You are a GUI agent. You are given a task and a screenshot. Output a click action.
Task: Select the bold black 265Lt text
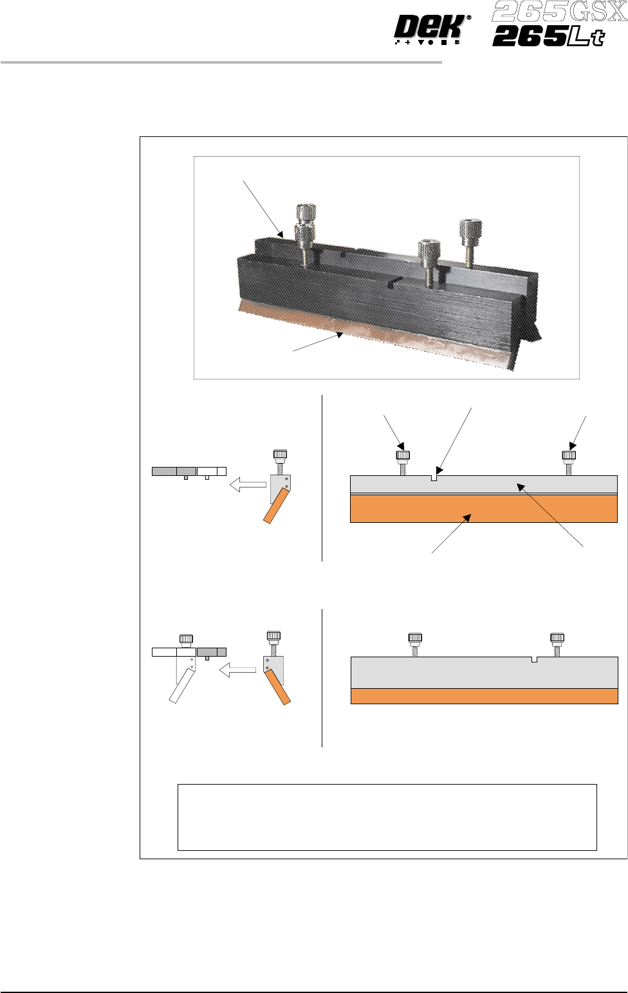point(548,37)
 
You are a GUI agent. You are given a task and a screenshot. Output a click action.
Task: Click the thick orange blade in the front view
point(483,508)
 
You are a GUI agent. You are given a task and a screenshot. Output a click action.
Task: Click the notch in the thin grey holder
point(434,478)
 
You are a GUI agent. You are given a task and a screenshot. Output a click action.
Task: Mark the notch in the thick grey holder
point(535,659)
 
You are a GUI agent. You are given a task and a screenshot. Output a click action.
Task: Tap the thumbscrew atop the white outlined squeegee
point(186,641)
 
